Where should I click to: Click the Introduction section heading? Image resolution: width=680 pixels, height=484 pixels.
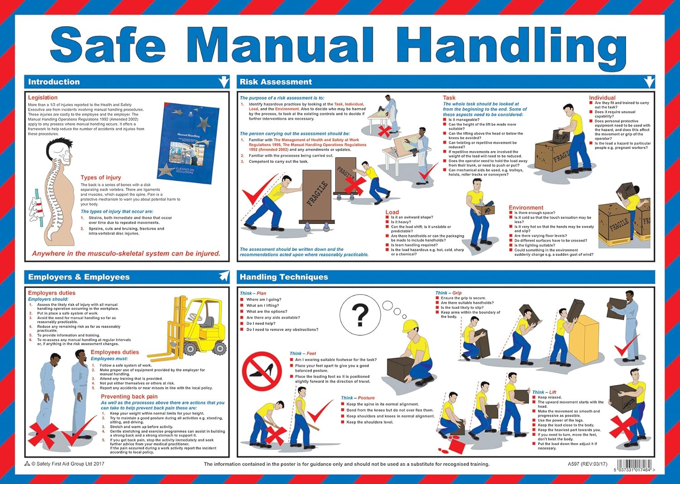54,82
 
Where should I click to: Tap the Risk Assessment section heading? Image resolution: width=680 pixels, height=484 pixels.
276,82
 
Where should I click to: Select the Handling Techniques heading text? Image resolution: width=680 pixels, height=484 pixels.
284,277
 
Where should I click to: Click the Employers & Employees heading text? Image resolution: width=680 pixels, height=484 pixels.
79,277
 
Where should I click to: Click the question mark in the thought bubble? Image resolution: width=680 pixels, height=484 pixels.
360,314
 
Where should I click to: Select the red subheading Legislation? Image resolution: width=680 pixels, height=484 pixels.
43,98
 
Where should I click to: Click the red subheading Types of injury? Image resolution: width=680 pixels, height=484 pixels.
101,178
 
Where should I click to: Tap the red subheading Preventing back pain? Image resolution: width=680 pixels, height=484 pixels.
129,396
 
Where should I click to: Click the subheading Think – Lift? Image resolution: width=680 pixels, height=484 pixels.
544,392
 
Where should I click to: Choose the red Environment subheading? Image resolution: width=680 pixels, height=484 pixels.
526,208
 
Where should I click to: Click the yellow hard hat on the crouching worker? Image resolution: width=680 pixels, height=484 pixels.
410,325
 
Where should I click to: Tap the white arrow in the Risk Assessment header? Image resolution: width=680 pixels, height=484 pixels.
649,82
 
